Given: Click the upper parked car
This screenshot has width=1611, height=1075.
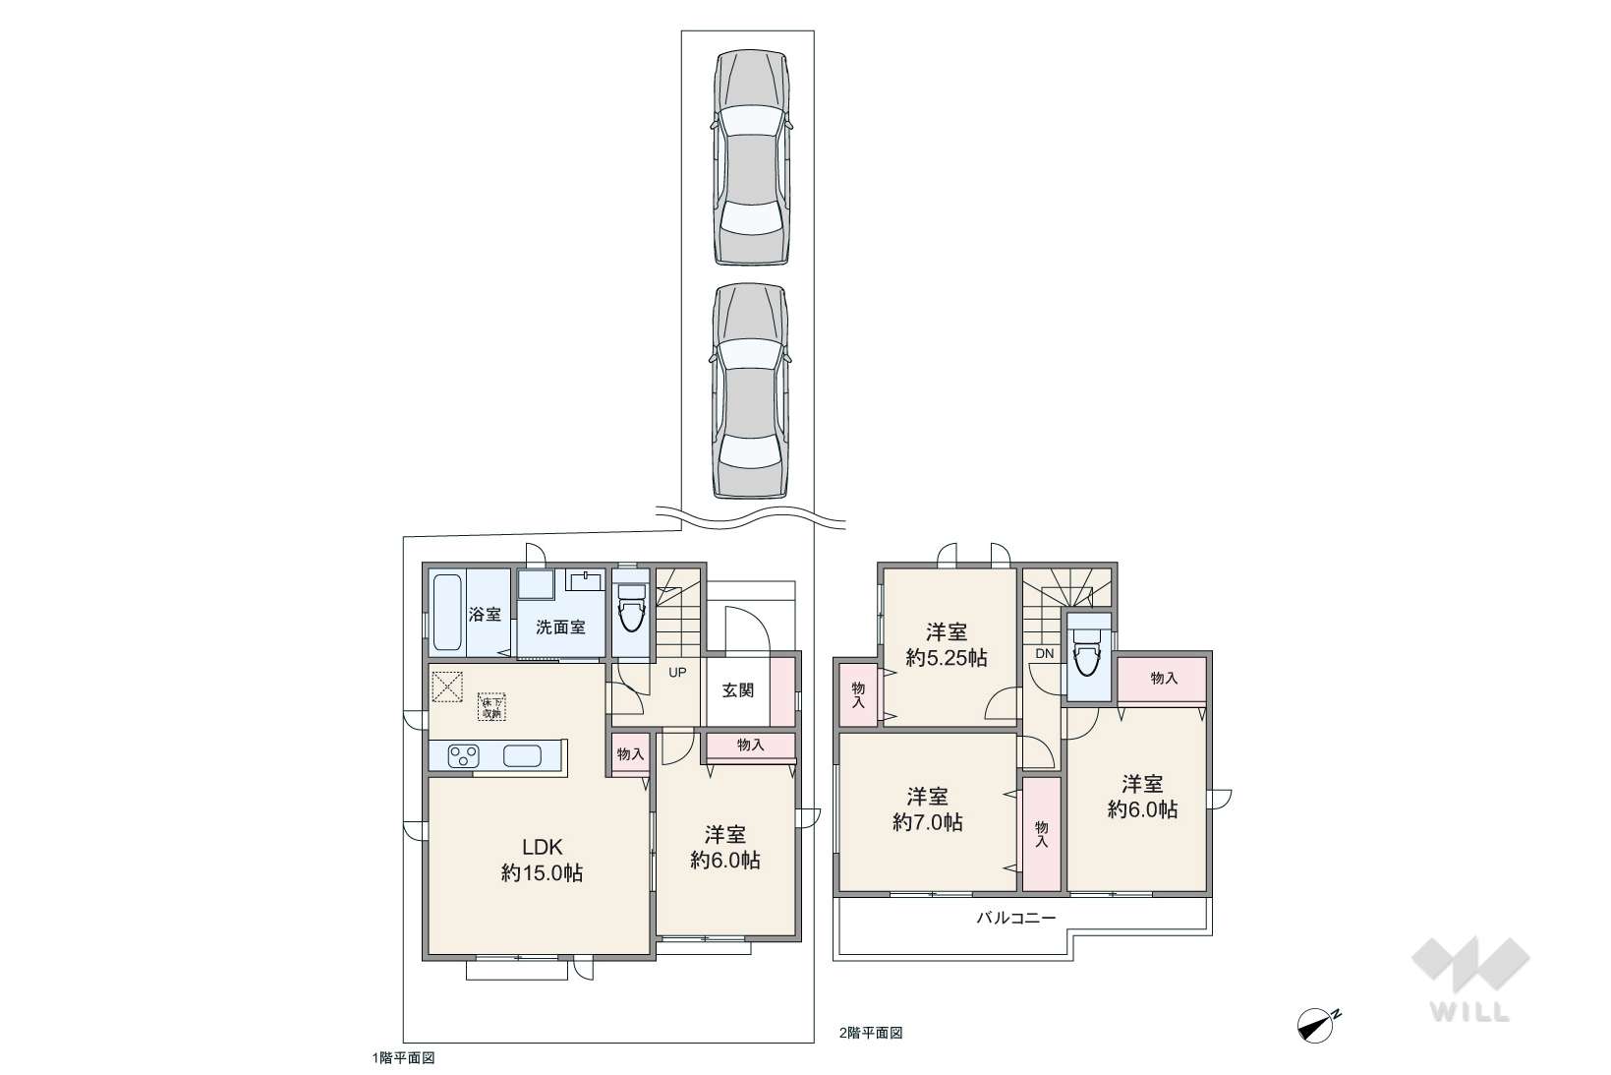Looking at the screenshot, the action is tap(752, 157).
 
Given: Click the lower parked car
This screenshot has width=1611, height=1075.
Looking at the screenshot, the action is tap(752, 390).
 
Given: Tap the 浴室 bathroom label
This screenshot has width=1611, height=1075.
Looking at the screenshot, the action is tap(485, 615).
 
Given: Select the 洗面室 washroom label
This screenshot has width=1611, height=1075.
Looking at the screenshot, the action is tap(560, 627).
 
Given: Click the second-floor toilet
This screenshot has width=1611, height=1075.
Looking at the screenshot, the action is tap(1088, 650).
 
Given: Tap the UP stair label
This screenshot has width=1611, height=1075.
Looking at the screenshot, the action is tap(677, 673).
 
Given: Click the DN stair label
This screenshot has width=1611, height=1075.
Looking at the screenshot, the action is tap(1044, 654).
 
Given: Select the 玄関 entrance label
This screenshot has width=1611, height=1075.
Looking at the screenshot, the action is tap(738, 690).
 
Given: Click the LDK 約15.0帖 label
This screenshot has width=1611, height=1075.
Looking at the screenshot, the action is tap(542, 860).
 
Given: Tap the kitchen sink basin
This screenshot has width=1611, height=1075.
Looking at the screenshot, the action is tap(522, 756).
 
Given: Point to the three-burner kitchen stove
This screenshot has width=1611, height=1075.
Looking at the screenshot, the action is tap(463, 756).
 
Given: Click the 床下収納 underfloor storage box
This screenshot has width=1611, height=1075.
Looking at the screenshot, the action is tap(491, 706).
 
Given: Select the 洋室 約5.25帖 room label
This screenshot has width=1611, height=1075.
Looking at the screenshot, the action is tap(946, 645).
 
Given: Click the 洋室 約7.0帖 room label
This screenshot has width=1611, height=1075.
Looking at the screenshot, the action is tap(928, 809).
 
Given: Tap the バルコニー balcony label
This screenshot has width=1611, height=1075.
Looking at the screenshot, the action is tap(1015, 918).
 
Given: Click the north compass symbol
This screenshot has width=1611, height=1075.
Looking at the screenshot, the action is tap(1317, 1024).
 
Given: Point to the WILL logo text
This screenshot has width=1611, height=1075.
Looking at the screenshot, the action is tap(1469, 1011).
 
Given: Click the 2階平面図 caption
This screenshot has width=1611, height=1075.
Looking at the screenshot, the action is tap(870, 1033).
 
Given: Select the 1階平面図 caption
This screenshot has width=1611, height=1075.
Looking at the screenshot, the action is tap(403, 1057).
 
